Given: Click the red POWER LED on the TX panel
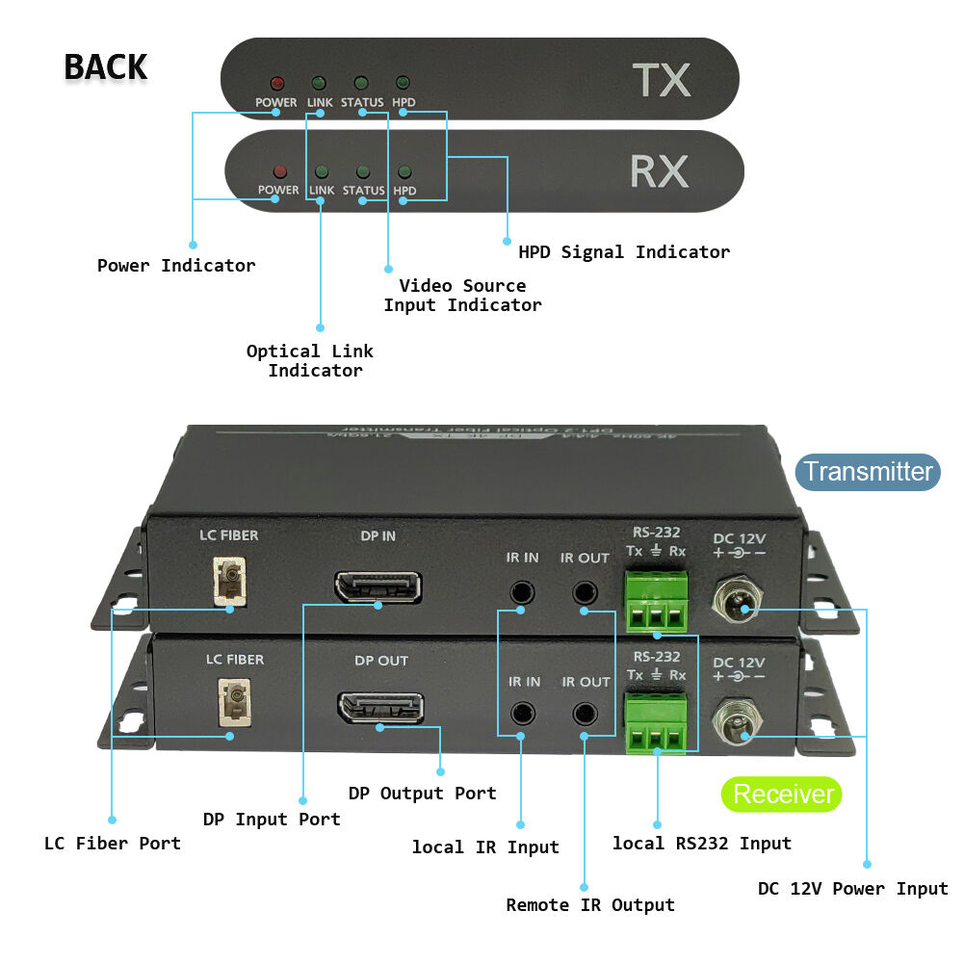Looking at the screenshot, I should (x=276, y=84).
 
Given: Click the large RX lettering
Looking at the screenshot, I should (x=659, y=171).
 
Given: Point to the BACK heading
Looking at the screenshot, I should (x=105, y=67).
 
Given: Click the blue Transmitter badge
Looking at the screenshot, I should (x=868, y=472).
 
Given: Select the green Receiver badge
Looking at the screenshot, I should (x=781, y=795).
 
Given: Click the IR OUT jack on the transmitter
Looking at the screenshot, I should (x=584, y=591).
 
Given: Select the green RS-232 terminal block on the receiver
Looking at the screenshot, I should (x=659, y=724).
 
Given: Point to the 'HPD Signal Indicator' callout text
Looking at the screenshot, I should (x=624, y=252).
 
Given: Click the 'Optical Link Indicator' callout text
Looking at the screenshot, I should (x=310, y=361).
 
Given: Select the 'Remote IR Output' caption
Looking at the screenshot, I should (x=590, y=905).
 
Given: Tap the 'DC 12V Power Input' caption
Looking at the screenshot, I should (x=853, y=889).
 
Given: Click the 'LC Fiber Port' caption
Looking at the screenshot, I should (x=113, y=844).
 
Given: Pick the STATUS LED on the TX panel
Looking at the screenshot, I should (x=361, y=84).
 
